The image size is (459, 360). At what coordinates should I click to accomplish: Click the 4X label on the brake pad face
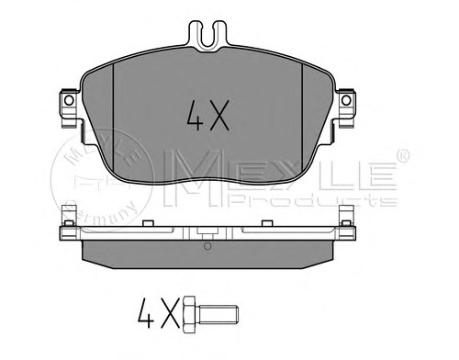(x=207, y=116)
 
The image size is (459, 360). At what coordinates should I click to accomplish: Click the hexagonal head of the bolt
(x=189, y=314)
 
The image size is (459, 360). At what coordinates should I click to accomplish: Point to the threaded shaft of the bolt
(x=218, y=314)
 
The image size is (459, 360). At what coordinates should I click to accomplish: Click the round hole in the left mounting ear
(x=69, y=100)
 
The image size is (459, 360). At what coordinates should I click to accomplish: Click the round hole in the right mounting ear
(x=346, y=100)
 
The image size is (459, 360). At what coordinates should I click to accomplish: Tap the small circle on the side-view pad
(x=207, y=245)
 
